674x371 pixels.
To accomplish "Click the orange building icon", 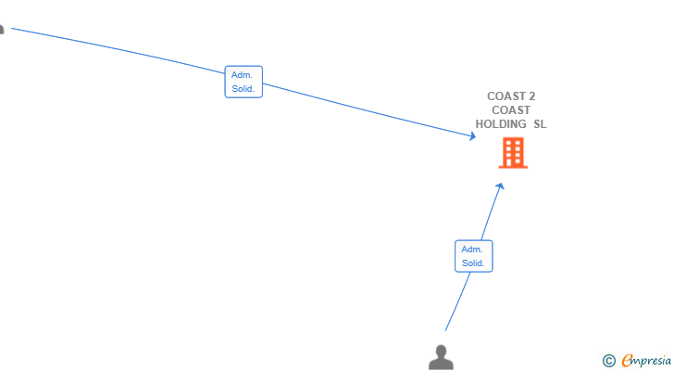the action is point(513,152).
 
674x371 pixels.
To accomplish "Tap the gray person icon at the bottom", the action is point(441,357).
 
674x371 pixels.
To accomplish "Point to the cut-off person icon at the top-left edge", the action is point(2,30).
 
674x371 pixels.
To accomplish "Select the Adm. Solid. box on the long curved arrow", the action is point(243,82).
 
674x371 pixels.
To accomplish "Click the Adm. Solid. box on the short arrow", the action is point(474,256).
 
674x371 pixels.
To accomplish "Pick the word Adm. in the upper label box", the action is point(242,75).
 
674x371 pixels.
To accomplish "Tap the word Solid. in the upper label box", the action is point(243,89).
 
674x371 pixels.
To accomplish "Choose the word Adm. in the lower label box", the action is point(472,249).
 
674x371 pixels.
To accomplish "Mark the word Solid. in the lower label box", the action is point(473,263).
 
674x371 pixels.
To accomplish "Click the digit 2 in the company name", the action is point(532,96).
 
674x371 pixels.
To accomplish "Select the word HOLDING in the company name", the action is point(501,124).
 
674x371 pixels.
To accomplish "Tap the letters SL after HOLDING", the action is point(540,124).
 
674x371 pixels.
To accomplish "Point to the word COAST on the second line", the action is point(511,110).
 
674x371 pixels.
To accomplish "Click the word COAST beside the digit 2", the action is point(505,96).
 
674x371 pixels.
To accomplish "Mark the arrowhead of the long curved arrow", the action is point(473,136).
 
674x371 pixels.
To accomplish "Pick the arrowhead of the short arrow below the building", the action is point(500,186).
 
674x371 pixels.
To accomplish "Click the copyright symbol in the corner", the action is point(609,361).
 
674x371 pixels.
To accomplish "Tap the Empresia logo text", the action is point(646,361).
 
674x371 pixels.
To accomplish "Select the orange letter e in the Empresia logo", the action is point(627,361).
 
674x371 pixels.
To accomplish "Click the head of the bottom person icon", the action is point(441,351).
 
